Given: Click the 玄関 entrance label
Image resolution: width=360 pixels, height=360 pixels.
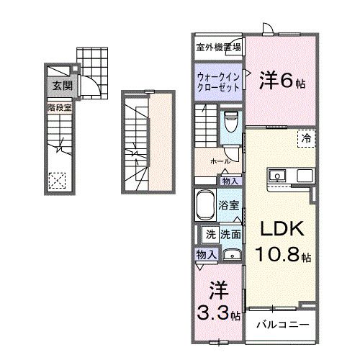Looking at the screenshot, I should coord(58,86).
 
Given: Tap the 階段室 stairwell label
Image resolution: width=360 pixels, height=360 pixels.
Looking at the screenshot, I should coord(58,107).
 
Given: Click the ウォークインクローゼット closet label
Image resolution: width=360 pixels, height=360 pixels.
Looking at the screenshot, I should coord(218,79).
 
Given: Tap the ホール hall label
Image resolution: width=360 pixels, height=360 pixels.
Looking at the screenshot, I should coord(220,162).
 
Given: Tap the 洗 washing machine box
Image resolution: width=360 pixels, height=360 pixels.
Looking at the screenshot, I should coord(211,234).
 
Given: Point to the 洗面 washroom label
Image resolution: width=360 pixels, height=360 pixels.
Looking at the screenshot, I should coord(230,234).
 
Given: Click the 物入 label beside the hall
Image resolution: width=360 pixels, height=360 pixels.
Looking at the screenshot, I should coord(230,181).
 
